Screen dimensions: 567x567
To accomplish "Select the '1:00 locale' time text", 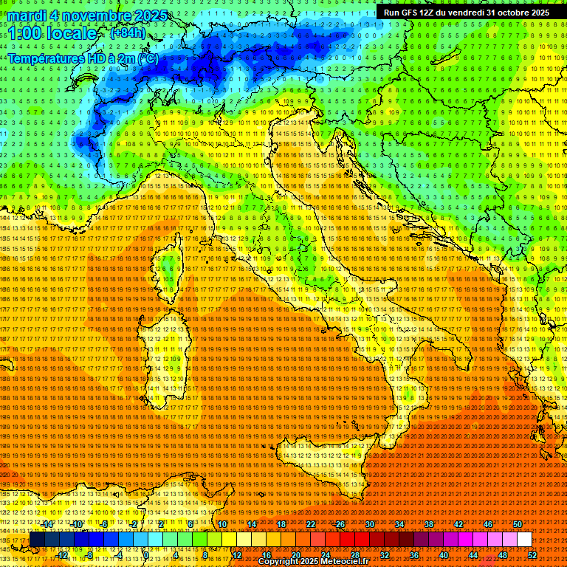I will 53,34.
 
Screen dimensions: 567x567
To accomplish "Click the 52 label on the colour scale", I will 532,524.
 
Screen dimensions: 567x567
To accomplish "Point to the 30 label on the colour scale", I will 369,524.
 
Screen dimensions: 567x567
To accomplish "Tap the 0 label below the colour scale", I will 146,555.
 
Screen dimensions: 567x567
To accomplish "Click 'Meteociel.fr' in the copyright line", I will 348,562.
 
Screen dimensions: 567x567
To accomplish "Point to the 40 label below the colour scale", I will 444,555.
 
